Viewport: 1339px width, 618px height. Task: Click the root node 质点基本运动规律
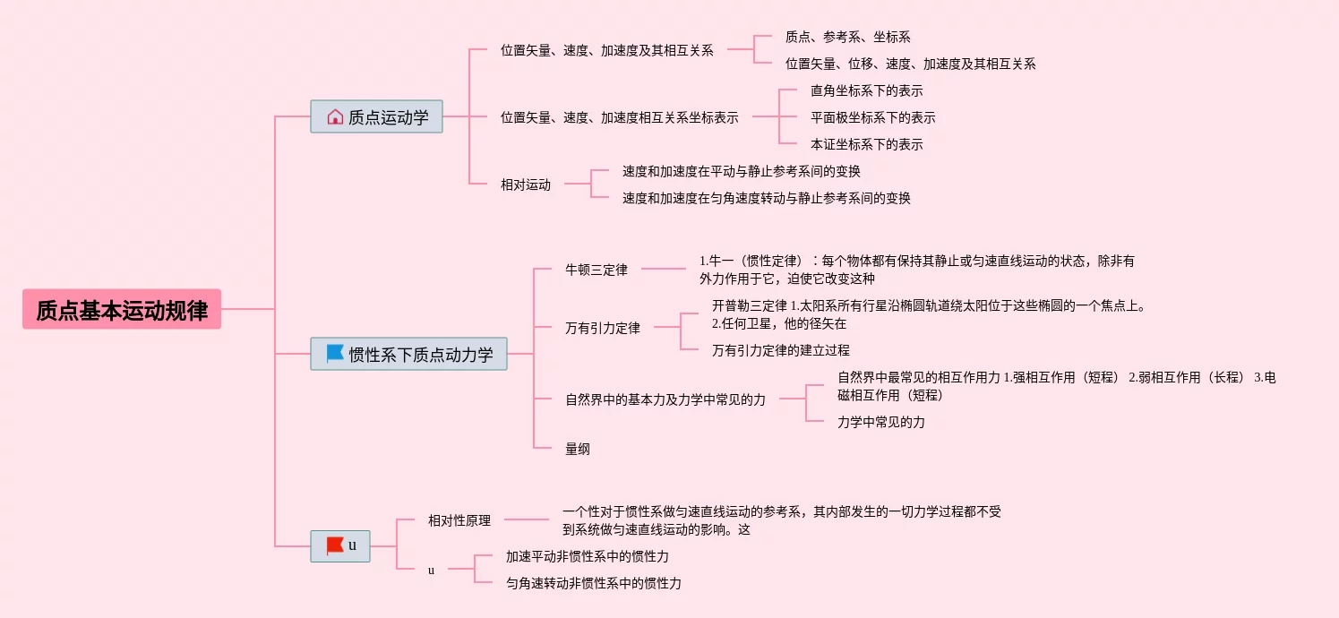pos(122,310)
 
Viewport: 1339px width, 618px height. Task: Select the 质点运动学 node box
pos(376,116)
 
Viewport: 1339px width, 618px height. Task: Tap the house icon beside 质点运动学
pos(335,116)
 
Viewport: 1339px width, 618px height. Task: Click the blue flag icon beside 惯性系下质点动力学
pos(335,354)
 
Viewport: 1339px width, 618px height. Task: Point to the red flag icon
pos(335,545)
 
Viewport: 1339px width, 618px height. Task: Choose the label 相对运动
pos(526,185)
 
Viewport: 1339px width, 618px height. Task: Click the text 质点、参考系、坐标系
pos(847,37)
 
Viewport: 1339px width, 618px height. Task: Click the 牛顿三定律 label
pos(597,270)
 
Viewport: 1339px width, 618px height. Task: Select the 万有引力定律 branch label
pos(603,328)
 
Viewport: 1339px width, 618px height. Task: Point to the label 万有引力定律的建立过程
pos(780,350)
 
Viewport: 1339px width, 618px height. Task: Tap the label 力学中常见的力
pos(880,422)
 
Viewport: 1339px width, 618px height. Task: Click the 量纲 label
pos(578,449)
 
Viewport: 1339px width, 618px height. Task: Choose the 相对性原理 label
pos(459,520)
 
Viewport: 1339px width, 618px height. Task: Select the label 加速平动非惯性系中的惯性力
pos(587,556)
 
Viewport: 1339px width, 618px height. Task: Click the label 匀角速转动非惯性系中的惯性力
pos(593,583)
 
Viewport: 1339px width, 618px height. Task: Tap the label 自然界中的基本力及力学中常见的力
pos(665,399)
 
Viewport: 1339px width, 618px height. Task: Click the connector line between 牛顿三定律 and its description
pos(663,268)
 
